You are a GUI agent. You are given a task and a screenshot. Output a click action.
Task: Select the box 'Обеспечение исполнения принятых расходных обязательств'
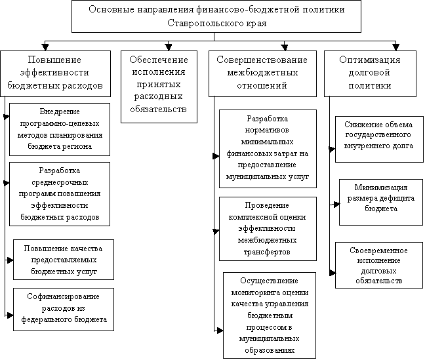click(159, 87)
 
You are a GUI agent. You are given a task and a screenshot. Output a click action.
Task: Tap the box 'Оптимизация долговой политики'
click(370, 73)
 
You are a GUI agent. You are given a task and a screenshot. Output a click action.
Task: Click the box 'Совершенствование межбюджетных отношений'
click(262, 73)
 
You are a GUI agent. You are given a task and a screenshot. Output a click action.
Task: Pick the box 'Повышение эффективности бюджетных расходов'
click(55, 73)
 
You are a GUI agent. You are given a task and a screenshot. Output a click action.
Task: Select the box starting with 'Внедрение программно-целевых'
click(60, 129)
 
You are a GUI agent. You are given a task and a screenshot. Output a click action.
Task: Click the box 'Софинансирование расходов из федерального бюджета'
click(64, 310)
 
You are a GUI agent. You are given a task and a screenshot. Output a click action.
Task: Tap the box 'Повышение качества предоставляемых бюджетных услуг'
click(64, 260)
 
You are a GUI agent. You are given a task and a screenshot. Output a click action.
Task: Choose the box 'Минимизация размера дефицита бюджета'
click(381, 202)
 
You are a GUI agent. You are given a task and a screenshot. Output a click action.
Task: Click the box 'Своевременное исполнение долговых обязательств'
click(379, 265)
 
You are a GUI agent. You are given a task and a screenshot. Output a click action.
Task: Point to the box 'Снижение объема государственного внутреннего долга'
click(379, 139)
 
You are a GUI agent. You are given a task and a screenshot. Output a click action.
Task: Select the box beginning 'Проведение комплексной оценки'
click(268, 229)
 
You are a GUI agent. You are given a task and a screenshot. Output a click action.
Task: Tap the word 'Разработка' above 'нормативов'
click(267, 119)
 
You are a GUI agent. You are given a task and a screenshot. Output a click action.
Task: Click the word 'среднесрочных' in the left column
click(60, 182)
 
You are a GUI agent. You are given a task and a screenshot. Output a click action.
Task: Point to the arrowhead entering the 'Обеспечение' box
click(169, 47)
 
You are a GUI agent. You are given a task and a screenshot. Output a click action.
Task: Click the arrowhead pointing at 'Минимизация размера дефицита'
click(336, 204)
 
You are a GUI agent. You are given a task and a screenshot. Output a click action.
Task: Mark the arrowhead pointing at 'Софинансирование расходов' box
click(10, 315)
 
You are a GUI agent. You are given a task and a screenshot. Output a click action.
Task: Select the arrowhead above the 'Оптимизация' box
click(396, 47)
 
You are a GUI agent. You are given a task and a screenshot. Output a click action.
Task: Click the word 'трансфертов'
click(267, 252)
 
